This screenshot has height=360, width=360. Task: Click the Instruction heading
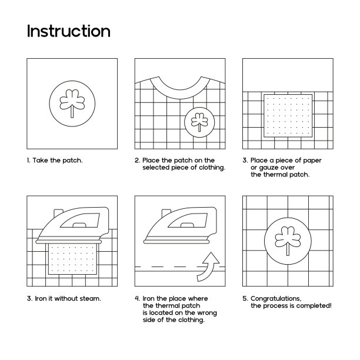[x=69, y=31]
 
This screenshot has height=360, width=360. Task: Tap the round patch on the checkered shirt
[x=199, y=122]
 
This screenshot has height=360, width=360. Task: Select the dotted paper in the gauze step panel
[x=288, y=115]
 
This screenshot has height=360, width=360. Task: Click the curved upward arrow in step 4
[x=208, y=267]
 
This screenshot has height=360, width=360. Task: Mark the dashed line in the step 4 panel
[x=180, y=267]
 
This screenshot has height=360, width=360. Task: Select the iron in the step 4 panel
[x=180, y=225]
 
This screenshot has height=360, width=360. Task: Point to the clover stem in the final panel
[x=288, y=249]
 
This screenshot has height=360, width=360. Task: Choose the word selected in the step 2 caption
[x=156, y=168]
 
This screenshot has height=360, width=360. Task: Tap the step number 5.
[x=245, y=298]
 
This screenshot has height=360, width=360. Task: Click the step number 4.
[x=137, y=298]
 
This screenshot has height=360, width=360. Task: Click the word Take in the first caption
[x=40, y=160]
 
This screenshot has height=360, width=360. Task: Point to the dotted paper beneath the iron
[x=72, y=258]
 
